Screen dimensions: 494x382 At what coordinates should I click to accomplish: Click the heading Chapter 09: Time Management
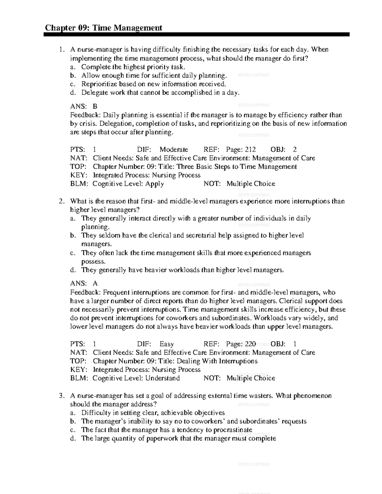click(103, 28)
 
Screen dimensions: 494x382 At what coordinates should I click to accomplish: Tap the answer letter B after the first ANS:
click(95, 107)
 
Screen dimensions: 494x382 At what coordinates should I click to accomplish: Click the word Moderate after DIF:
click(173, 150)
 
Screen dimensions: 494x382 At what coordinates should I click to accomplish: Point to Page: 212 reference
click(241, 150)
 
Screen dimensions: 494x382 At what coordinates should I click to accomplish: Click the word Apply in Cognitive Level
click(154, 184)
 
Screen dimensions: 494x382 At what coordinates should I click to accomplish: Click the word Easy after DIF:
click(166, 344)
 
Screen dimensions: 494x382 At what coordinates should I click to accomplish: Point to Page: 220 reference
click(241, 344)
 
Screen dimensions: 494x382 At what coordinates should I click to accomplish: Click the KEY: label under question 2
click(78, 370)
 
